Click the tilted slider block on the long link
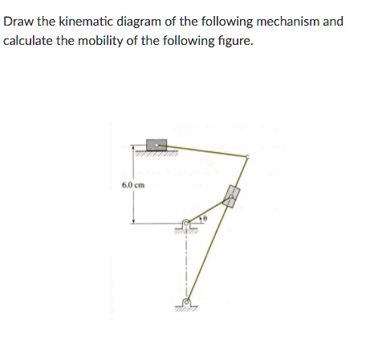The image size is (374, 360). (x=232, y=196)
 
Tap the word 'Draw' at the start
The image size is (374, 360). (x=18, y=21)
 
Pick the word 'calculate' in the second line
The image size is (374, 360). (x=29, y=38)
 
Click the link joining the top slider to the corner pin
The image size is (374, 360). (x=205, y=150)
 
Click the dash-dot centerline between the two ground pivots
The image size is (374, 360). (x=186, y=265)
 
